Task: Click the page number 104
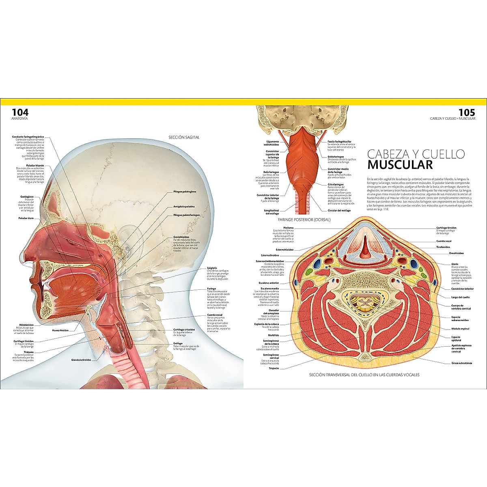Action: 20,112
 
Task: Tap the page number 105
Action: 466,112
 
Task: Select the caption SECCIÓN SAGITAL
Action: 184,137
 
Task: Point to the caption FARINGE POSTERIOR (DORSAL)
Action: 304,220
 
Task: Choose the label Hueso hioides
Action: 60,330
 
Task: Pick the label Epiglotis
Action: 212,268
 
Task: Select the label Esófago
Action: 178,343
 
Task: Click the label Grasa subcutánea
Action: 461,363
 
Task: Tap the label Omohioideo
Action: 456,253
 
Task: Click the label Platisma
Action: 288,228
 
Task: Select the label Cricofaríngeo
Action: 336,184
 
